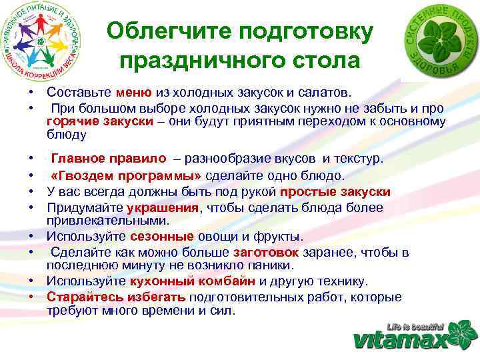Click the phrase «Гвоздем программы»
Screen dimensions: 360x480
(x=126, y=176)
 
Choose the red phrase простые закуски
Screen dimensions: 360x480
(x=335, y=192)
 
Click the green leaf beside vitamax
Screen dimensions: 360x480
(x=463, y=333)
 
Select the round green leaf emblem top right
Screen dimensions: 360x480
(x=439, y=42)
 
